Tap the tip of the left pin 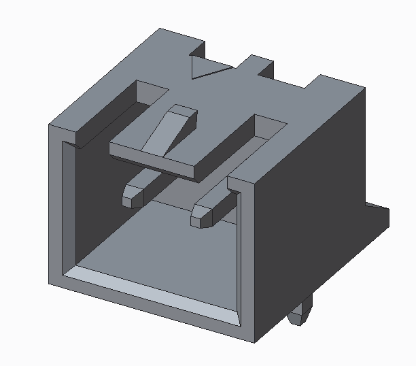click(x=130, y=197)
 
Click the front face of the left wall click(x=56, y=204)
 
